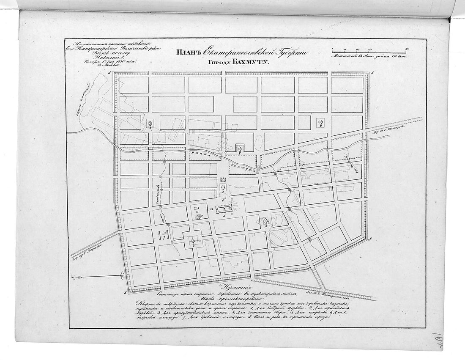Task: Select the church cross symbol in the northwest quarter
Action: (x=150, y=124)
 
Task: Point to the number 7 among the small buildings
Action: (x=162, y=237)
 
